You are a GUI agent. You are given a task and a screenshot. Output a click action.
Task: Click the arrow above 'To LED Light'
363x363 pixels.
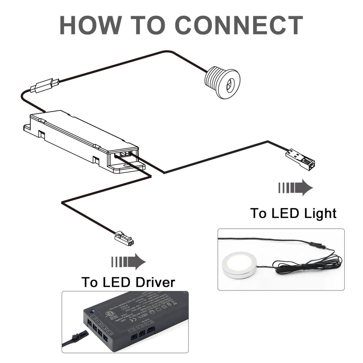tap(295, 188)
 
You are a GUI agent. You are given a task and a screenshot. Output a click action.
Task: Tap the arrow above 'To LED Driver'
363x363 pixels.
tap(128, 261)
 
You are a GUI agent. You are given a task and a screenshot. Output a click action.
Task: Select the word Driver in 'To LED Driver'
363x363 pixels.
tap(155, 282)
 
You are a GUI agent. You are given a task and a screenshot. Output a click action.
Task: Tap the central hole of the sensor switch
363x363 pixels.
tap(230, 83)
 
